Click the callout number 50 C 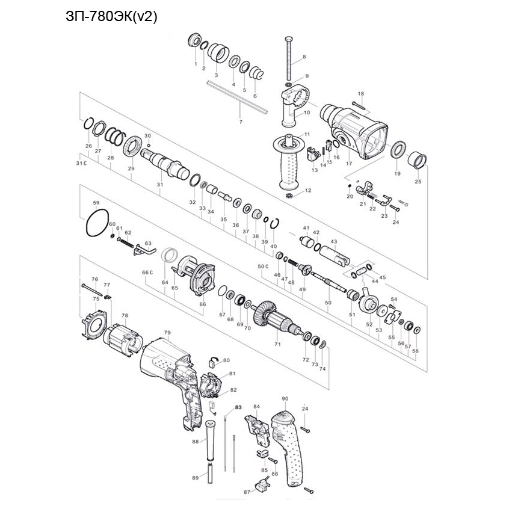262,265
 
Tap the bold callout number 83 238,407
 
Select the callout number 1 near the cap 196,63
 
